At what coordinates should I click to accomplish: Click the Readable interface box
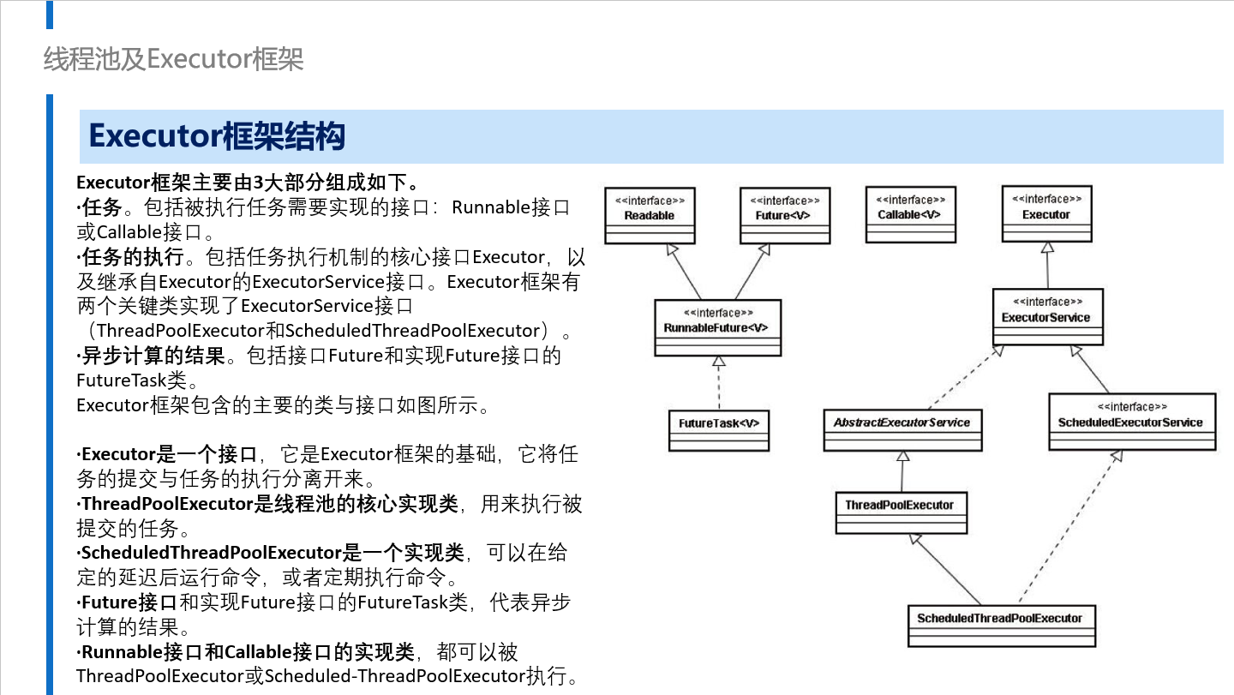coord(650,215)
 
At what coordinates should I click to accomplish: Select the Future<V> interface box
coord(785,215)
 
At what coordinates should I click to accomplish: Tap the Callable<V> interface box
coord(911,214)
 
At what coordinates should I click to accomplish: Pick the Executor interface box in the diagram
coord(1046,213)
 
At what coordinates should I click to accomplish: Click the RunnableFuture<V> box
coord(718,327)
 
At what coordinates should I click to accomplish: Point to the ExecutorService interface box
coord(1048,317)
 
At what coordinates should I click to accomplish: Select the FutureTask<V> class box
coord(719,431)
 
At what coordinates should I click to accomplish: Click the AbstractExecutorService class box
coord(902,430)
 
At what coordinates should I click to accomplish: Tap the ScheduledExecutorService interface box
coord(1132,422)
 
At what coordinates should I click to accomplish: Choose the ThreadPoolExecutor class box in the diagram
coord(902,512)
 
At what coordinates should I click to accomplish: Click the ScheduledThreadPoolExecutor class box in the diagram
coord(1002,626)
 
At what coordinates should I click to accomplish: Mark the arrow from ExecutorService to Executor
coord(1047,266)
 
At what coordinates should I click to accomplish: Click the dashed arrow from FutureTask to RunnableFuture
coord(719,383)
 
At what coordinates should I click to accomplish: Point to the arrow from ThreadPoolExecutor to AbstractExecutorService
coord(902,471)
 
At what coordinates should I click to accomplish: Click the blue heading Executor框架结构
coord(217,136)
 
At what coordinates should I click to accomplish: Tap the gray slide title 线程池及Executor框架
coord(173,59)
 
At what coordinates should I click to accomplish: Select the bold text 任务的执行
coord(133,256)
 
